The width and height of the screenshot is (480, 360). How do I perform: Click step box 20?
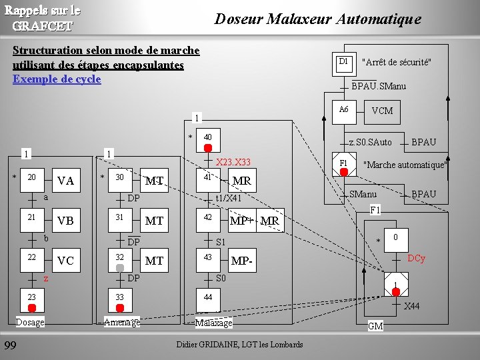coord(31,179)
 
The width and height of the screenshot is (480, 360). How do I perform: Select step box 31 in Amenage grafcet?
coord(119,219)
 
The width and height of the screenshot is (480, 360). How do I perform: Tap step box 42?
coord(207,219)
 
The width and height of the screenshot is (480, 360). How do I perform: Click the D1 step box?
coord(343,62)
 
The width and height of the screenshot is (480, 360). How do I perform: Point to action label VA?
coord(65,181)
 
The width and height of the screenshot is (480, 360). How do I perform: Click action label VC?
coord(65,261)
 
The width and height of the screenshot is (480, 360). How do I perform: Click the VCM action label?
coord(382,111)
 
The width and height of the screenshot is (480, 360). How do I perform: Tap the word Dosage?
coord(30,323)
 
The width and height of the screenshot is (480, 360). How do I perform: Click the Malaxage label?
coord(213,323)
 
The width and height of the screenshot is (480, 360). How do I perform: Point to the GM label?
coord(375,326)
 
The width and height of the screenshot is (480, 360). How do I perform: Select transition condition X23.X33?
coord(233,162)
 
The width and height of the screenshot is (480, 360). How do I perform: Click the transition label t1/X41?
coord(228,198)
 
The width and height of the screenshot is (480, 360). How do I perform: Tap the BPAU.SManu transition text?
coord(379,86)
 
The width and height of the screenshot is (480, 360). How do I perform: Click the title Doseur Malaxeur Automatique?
coord(317,19)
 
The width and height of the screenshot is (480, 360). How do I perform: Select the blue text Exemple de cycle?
coord(57,79)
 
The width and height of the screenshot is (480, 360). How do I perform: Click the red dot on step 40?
coord(208,147)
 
